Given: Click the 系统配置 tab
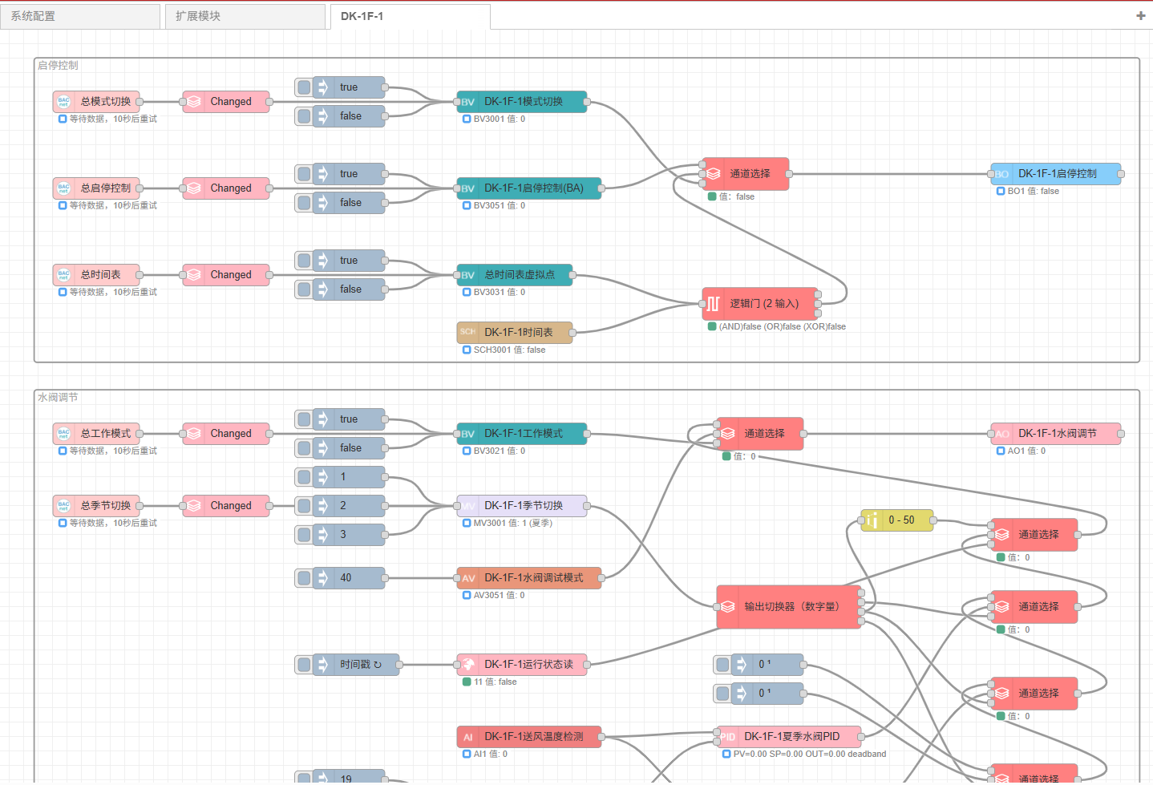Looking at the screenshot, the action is [80, 17].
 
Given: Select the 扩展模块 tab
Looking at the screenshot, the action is [245, 17].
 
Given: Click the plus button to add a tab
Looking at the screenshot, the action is [1140, 16].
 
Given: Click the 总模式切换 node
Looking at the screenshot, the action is [97, 101].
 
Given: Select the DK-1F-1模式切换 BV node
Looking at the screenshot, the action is [522, 101].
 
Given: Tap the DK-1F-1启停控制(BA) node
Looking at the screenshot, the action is [529, 188].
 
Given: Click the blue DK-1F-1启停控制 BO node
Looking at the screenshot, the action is [1056, 174].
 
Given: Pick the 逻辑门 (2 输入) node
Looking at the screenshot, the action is [760, 304].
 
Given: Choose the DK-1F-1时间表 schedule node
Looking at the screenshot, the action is [515, 333].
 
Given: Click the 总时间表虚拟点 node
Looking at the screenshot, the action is [515, 275].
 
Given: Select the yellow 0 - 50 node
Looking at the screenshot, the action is [897, 520].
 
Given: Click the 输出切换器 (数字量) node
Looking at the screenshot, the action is [789, 607].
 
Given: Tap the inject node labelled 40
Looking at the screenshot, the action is [340, 578].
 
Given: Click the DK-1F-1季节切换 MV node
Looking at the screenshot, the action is [522, 506].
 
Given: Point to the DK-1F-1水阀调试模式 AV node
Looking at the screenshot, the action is [529, 578].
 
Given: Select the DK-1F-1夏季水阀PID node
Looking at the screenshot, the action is [789, 737].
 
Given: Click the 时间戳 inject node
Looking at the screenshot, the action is [347, 665].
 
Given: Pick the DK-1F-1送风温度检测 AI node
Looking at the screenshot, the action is [529, 737].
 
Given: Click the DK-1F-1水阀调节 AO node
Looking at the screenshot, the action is [1056, 434].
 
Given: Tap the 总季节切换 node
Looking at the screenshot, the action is [97, 506].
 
